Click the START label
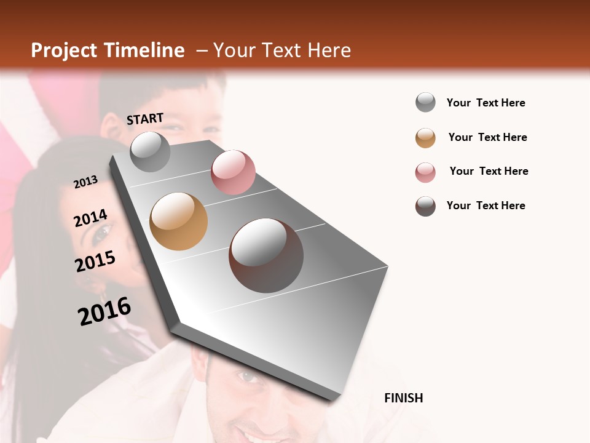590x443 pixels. click(x=145, y=119)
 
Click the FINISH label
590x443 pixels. click(x=403, y=398)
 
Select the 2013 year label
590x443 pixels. click(x=86, y=182)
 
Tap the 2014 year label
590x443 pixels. click(x=91, y=218)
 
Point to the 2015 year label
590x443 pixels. click(x=95, y=261)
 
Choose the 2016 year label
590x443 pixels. click(x=104, y=311)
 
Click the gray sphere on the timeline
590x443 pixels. click(x=151, y=152)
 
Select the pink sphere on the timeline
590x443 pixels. click(x=233, y=172)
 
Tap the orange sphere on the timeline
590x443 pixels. click(x=179, y=221)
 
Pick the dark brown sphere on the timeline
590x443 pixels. click(x=266, y=255)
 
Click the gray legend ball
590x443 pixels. click(x=425, y=102)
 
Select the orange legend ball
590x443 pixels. click(x=425, y=138)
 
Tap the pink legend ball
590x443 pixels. click(x=425, y=172)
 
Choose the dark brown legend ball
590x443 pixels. click(x=425, y=206)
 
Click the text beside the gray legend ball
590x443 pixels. click(x=486, y=103)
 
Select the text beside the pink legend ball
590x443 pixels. click(x=489, y=171)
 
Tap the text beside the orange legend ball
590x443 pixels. click(x=487, y=137)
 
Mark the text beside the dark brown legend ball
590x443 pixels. click(x=486, y=206)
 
